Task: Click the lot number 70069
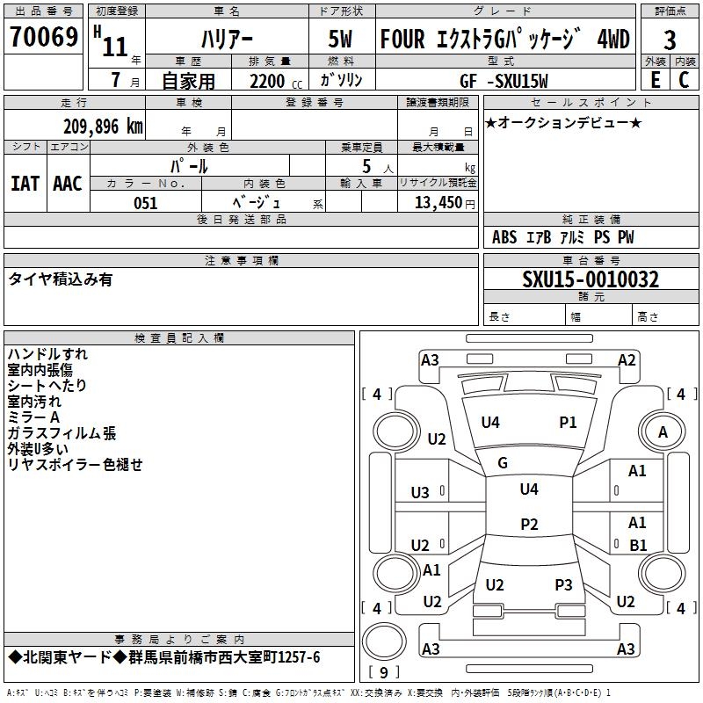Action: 44,38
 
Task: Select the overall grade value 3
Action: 670,40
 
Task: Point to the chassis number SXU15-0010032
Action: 591,279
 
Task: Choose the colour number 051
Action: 145,202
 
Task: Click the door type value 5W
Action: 343,40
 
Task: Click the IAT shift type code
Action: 25,184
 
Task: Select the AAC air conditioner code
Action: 67,184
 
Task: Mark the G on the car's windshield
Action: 503,463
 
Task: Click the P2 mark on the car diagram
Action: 529,525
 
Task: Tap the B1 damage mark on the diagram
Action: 638,545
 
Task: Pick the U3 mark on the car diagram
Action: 420,492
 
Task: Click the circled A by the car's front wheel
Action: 663,431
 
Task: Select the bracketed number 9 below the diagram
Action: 383,672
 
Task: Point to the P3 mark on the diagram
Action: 563,584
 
